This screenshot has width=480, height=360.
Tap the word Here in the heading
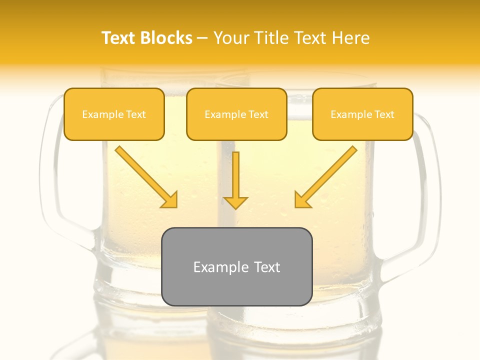[350, 38]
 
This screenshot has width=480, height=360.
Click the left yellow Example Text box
[114, 114]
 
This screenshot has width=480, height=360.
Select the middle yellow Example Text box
[236, 114]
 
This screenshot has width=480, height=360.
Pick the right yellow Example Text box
[362, 114]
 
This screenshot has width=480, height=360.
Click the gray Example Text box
[236, 267]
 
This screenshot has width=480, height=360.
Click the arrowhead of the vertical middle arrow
[235, 202]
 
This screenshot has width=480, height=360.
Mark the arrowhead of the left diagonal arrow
[170, 200]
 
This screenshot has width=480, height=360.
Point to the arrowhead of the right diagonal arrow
[302, 200]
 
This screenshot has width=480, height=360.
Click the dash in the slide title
[202, 38]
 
